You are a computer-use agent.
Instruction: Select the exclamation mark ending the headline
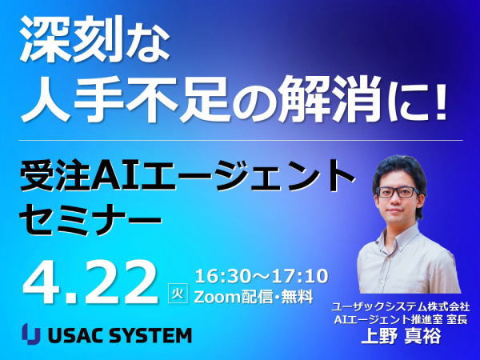(x=441, y=98)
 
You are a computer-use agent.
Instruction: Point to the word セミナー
(x=90, y=218)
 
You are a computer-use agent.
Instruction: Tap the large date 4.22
(x=91, y=282)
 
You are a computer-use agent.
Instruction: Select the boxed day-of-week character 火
(x=178, y=294)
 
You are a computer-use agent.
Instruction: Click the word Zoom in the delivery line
(x=218, y=297)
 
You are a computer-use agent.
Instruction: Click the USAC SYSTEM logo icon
(x=31, y=334)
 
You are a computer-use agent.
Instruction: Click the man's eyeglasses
(x=398, y=192)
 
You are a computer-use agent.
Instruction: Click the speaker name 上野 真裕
(x=401, y=336)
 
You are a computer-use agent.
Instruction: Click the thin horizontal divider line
(x=241, y=141)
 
